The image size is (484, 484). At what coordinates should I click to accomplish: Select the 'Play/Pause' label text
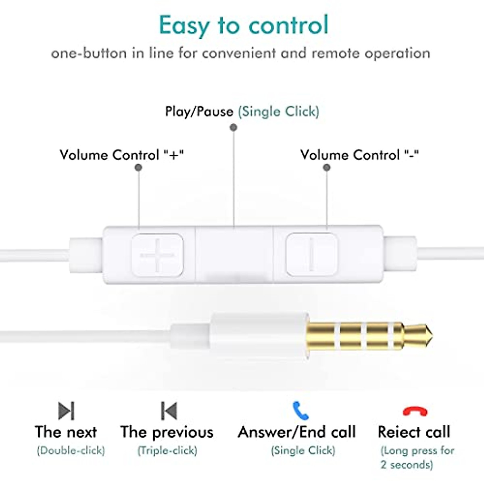(x=199, y=112)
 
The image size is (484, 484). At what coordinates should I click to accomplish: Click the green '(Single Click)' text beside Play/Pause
(x=279, y=112)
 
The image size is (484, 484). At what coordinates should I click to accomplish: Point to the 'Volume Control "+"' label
(x=122, y=155)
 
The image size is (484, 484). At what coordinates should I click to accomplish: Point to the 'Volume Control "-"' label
(x=359, y=155)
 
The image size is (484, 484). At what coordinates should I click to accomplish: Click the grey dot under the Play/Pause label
(x=233, y=128)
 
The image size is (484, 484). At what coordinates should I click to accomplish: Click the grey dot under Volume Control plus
(x=138, y=167)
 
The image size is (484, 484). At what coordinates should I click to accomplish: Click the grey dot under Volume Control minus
(x=327, y=167)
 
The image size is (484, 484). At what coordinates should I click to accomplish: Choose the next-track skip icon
(x=67, y=411)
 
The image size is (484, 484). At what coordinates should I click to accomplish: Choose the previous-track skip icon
(x=169, y=411)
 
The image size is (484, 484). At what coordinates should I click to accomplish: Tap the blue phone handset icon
(x=300, y=410)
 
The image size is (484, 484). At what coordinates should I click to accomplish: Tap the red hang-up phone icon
(x=415, y=411)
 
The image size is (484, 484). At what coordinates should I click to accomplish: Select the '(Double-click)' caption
(x=71, y=450)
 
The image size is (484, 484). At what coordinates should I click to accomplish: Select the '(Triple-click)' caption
(x=167, y=450)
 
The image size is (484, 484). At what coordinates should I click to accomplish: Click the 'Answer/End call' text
(x=297, y=432)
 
